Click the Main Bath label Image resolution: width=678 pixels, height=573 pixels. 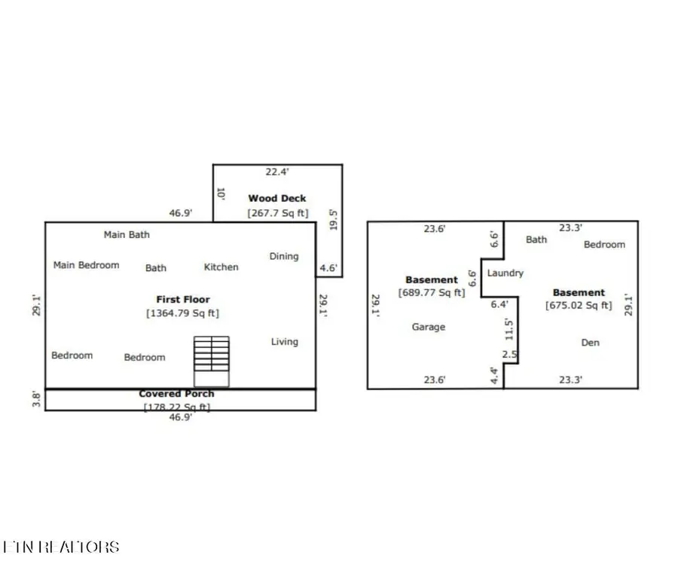tap(127, 235)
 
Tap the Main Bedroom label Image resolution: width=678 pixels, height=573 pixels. tap(86, 265)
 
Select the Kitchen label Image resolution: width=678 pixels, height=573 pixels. tap(221, 267)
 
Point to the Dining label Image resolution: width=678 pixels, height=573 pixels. tap(284, 257)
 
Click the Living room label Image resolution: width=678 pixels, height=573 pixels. tap(284, 342)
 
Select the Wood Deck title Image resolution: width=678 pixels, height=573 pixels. tap(277, 199)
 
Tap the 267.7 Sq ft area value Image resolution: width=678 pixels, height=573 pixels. tap(278, 213)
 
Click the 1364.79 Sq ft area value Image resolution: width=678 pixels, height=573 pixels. tap(182, 313)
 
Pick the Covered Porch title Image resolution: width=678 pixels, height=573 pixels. tap(176, 394)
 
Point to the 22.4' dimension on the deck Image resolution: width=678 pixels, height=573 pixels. tap(278, 172)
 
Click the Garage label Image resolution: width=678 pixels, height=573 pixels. tap(428, 328)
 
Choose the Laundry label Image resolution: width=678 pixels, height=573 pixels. tap(505, 273)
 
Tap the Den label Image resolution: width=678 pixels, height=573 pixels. tap(591, 343)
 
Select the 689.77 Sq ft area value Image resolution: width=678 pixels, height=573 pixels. tap(432, 293)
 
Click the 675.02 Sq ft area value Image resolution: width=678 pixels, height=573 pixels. tap(579, 306)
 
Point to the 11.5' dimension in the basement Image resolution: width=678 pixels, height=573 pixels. tap(510, 328)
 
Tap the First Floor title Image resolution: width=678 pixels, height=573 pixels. tap(183, 300)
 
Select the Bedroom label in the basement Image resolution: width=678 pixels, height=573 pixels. tap(604, 245)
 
